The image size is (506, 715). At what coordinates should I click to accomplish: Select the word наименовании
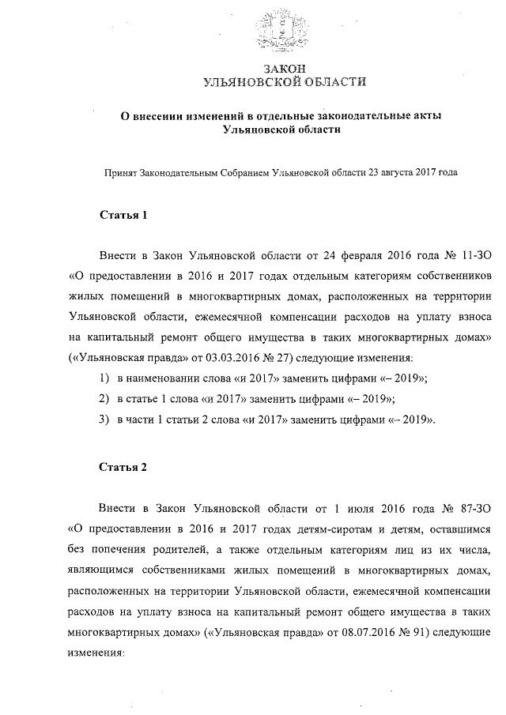tap(164, 379)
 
